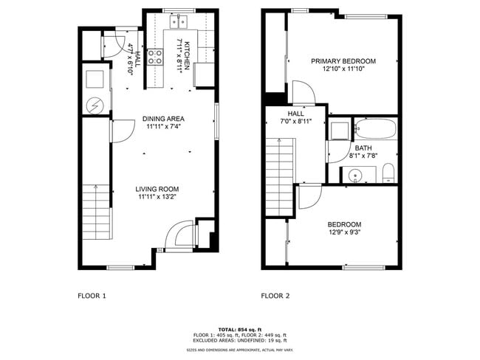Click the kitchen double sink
pos(178,22)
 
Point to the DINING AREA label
pos(164,119)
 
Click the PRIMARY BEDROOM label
pos(343,61)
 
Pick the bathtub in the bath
pos(375,130)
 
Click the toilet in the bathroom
pos(388,175)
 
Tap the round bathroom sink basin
pos(354,176)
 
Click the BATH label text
pos(363,148)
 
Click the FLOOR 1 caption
pos(92,296)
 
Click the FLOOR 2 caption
pos(275,296)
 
